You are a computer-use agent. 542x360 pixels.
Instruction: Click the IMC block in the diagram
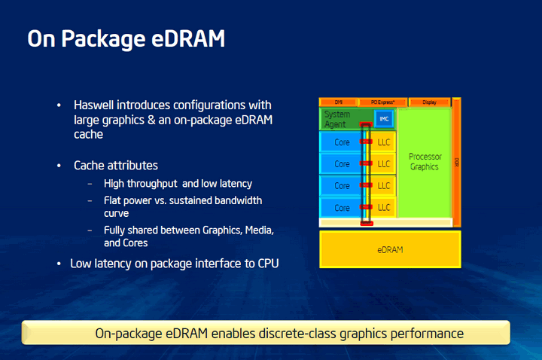(384, 118)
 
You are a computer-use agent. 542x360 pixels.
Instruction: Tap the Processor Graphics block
(425, 162)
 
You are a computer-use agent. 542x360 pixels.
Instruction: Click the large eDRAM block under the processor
(390, 249)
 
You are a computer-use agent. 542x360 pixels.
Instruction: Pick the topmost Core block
(342, 142)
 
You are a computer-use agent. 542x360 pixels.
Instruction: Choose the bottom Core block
(342, 207)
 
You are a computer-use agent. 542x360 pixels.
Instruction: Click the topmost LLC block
(384, 142)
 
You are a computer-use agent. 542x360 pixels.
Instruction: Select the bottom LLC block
(384, 207)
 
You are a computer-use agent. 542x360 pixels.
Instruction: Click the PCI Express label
(382, 102)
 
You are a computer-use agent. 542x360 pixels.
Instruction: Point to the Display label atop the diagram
(429, 102)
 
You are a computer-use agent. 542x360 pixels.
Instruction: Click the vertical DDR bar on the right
(456, 161)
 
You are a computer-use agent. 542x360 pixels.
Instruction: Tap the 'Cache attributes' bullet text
(116, 165)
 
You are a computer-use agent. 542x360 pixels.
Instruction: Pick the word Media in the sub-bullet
(243, 230)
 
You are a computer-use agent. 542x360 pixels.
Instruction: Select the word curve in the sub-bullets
(117, 213)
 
